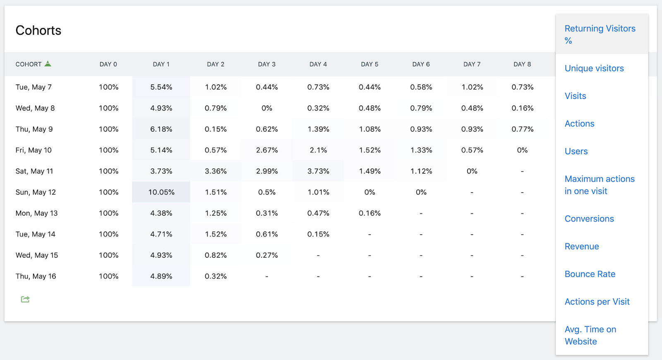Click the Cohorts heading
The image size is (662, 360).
point(38,31)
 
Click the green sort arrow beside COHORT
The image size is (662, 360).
point(48,64)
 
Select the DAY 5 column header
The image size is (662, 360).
point(369,65)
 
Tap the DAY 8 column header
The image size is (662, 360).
point(522,65)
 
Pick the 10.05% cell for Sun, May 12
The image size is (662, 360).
point(161,192)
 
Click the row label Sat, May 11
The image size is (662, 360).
point(34,171)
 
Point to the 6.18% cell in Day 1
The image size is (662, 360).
point(161,129)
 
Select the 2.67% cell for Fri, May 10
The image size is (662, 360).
point(267,150)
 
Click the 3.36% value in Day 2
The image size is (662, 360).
point(216,171)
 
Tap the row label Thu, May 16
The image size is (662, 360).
point(36,276)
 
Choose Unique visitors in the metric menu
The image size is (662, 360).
point(594,69)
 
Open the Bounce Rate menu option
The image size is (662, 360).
point(590,274)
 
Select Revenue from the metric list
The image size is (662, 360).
point(582,247)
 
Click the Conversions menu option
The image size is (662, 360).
point(589,219)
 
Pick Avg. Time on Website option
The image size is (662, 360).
point(590,336)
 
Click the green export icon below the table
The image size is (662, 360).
point(25,299)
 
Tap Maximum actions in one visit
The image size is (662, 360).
point(600,185)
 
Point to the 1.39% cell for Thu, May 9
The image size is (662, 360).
point(318,129)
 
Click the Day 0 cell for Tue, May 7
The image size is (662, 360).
point(108,87)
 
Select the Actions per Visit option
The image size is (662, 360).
point(597,302)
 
